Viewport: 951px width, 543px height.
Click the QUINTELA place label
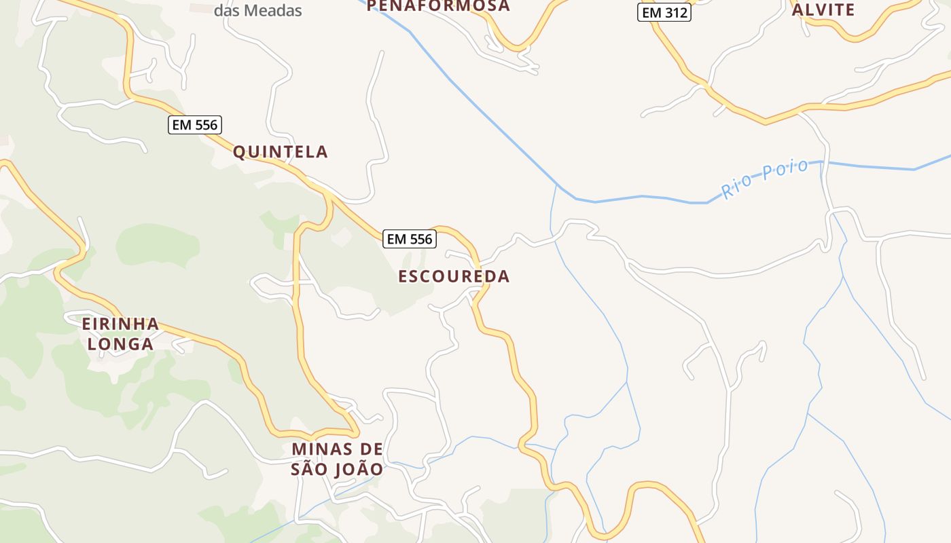coord(281,152)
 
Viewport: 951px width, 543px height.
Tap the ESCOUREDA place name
coord(454,276)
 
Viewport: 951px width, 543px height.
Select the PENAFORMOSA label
coord(438,6)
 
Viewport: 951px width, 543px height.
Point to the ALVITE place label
coord(823,10)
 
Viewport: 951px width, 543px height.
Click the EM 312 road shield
coord(664,12)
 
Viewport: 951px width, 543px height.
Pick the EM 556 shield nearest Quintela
coord(195,125)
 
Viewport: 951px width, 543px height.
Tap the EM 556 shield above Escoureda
coord(410,239)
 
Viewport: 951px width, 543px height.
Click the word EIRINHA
coord(120,324)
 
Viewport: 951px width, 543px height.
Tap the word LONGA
coord(120,344)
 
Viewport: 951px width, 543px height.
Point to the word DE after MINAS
coord(371,449)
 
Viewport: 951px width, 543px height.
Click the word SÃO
coord(309,470)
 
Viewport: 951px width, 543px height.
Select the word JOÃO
coord(358,470)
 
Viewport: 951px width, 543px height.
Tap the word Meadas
coord(272,11)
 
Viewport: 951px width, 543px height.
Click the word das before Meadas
coord(226,11)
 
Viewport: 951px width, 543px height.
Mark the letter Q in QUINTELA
coord(239,152)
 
